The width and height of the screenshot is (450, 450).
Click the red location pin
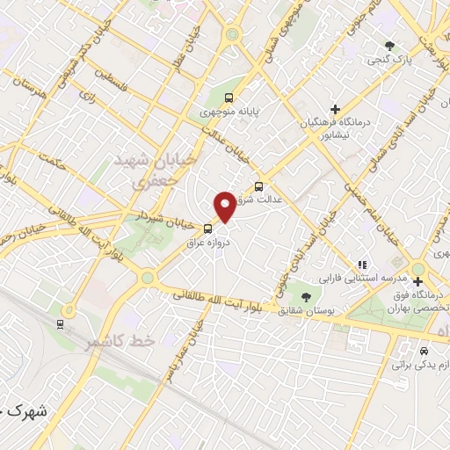(x=226, y=207)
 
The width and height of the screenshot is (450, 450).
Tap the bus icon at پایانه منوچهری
(x=229, y=98)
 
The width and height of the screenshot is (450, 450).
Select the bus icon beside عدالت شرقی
(x=258, y=185)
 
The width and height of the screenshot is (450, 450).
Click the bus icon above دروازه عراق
(x=208, y=229)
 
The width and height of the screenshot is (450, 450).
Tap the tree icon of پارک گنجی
(x=390, y=45)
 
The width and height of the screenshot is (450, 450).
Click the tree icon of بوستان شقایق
(x=306, y=296)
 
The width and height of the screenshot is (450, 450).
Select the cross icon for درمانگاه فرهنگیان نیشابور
(x=335, y=109)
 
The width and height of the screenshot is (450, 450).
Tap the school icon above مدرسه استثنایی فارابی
(x=360, y=265)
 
